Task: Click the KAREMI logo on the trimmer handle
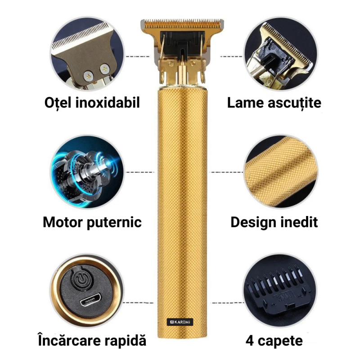(x=180, y=322)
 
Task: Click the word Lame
(x=245, y=103)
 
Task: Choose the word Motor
(x=63, y=222)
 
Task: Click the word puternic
(x=114, y=223)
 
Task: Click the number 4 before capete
(x=250, y=341)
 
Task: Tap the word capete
(x=280, y=341)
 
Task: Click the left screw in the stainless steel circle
(x=88, y=76)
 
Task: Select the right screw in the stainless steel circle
(x=105, y=69)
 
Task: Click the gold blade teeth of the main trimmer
(x=182, y=24)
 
